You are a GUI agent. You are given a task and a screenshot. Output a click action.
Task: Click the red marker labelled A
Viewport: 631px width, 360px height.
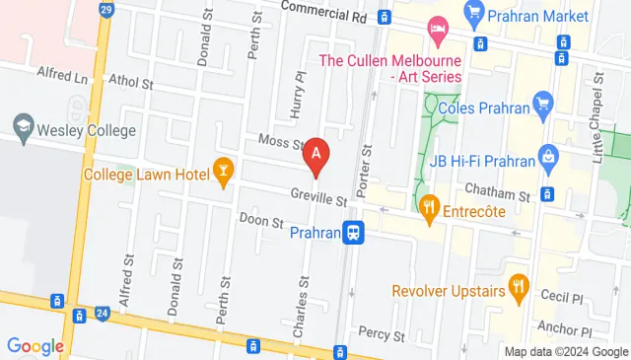315,155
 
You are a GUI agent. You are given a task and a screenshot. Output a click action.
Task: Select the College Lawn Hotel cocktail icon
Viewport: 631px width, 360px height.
224,174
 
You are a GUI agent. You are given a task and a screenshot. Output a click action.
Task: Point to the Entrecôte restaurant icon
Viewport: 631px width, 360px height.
428,207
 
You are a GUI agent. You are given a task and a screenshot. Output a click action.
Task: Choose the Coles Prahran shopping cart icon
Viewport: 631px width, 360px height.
541,103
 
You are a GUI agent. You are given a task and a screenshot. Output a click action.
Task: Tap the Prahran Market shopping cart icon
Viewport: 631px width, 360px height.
474,13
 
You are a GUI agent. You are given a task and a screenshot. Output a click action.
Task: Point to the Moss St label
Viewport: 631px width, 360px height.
280,144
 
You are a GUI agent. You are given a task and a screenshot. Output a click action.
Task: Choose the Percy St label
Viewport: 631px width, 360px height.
383,334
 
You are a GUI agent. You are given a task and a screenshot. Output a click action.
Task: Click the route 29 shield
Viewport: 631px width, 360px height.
106,9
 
